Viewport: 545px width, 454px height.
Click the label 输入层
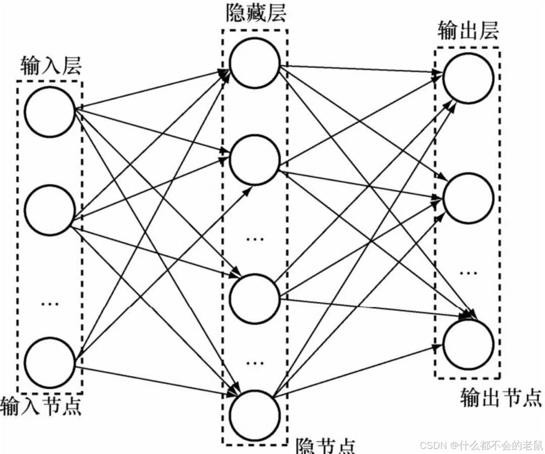[x=51, y=66]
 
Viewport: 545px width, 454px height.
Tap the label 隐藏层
[x=256, y=13]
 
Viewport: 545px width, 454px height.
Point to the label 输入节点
[x=41, y=406]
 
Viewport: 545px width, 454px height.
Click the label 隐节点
[x=325, y=445]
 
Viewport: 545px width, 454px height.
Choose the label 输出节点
[x=501, y=399]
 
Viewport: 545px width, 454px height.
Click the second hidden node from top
[x=254, y=159]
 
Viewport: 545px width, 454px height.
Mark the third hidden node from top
[x=254, y=299]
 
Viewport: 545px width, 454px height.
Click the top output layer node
[x=468, y=78]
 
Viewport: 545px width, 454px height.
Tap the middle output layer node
[x=468, y=199]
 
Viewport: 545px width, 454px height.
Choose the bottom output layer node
[x=468, y=343]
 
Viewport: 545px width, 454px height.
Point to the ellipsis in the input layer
[x=49, y=303]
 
